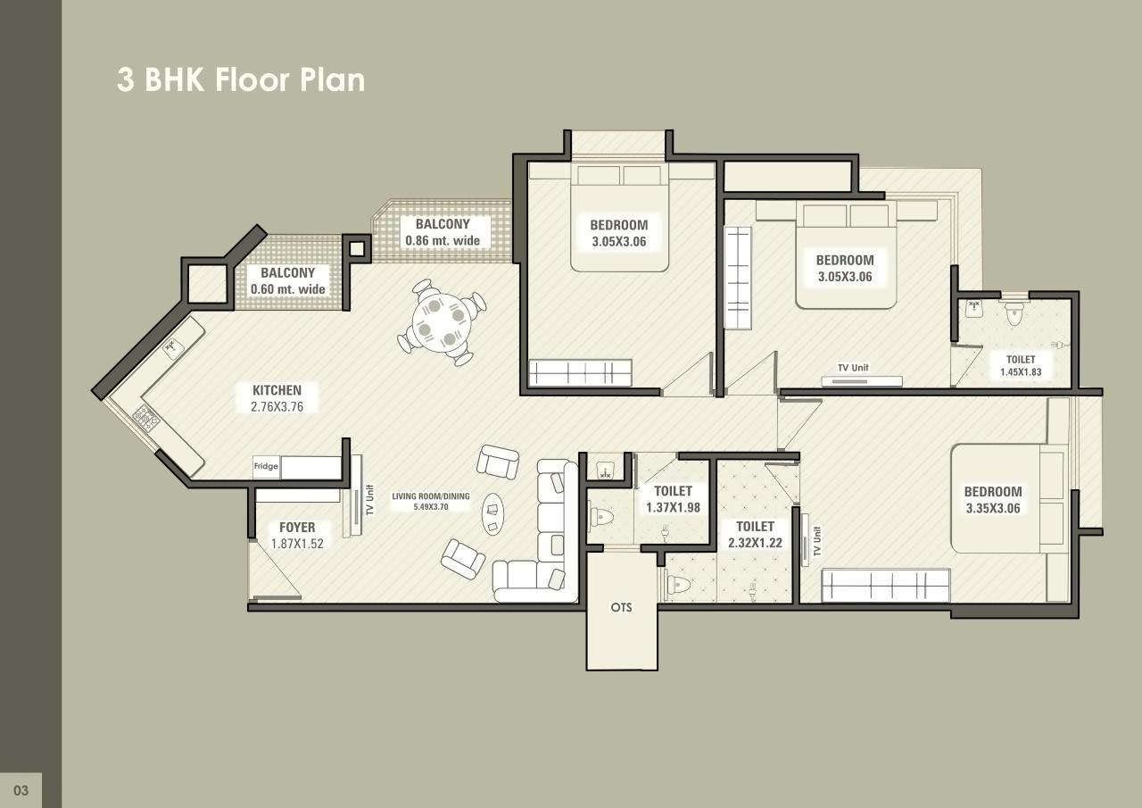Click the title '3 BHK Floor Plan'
(x=241, y=79)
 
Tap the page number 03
(x=21, y=790)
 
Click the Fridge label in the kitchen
(x=266, y=466)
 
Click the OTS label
(x=621, y=607)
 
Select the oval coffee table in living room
(x=492, y=514)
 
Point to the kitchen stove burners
(x=145, y=417)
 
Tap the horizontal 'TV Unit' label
(x=852, y=368)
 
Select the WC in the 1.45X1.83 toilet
(x=1014, y=313)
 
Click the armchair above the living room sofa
(x=497, y=460)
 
